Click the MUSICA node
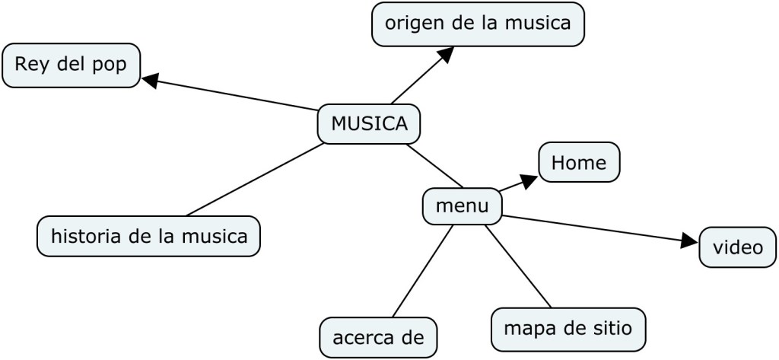[x=369, y=123]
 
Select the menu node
[x=462, y=206]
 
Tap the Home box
[x=579, y=162]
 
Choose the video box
[x=737, y=247]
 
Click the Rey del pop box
[x=71, y=65]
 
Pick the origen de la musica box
[x=478, y=24]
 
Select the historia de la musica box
[x=148, y=236]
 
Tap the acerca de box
[x=378, y=337]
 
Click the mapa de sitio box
[x=568, y=329]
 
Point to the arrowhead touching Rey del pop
[x=150, y=79]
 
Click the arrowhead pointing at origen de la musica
[x=445, y=54]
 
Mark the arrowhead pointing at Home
[x=529, y=180]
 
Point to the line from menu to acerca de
[x=422, y=270]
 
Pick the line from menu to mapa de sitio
[x=517, y=266]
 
